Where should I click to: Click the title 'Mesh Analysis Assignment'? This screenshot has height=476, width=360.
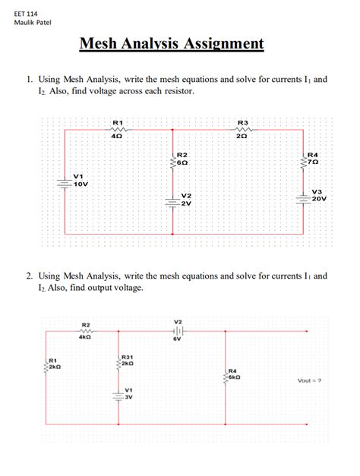pyautogui.click(x=172, y=43)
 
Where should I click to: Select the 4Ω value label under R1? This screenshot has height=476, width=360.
pyautogui.click(x=118, y=136)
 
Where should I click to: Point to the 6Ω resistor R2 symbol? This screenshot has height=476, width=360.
pyautogui.click(x=171, y=159)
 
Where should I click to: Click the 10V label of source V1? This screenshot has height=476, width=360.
pyautogui.click(x=80, y=184)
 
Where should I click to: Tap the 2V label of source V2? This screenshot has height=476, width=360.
pyautogui.click(x=186, y=203)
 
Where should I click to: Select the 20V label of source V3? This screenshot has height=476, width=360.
pyautogui.click(x=318, y=199)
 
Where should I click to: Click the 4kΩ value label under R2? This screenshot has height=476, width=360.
pyautogui.click(x=85, y=337)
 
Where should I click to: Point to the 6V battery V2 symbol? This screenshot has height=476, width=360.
pyautogui.click(x=178, y=332)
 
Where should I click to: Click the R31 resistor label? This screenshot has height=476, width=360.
pyautogui.click(x=128, y=356)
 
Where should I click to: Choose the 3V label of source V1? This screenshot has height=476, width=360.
pyautogui.click(x=128, y=396)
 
